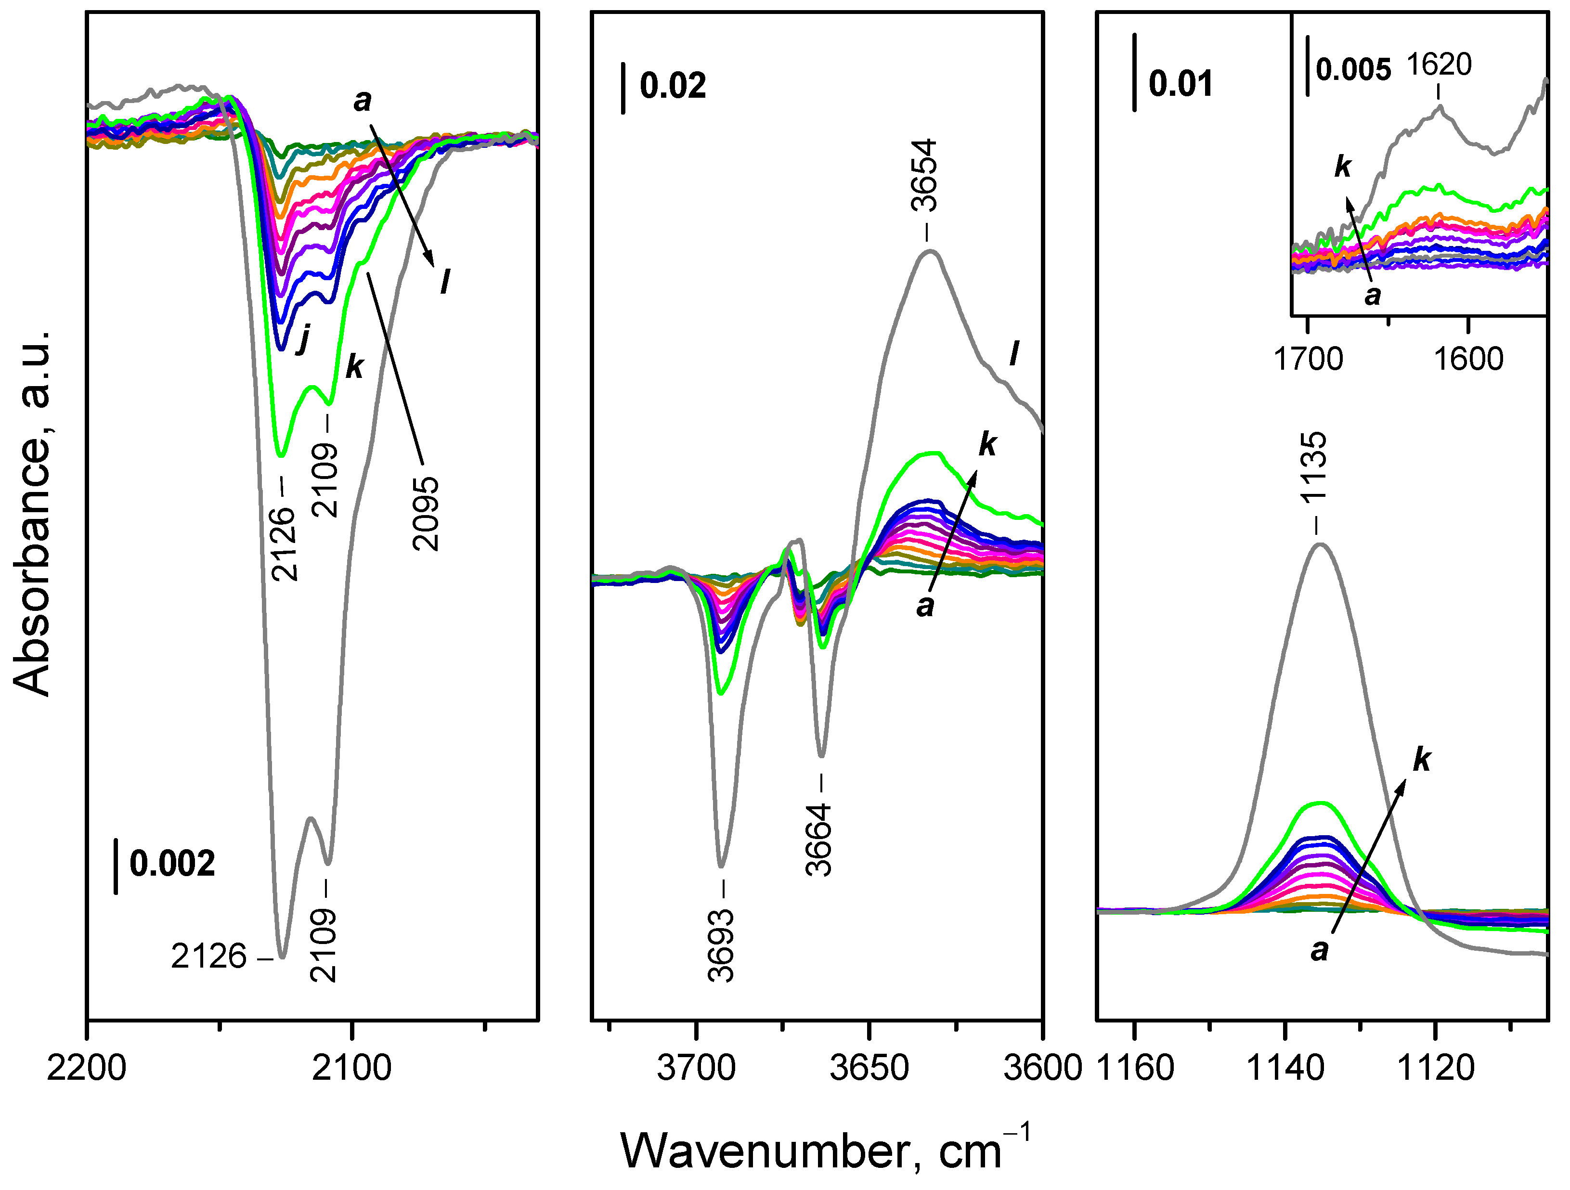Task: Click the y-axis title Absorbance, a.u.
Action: click(32, 512)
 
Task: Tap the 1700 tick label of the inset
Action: click(1308, 359)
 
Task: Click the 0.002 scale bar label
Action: click(172, 864)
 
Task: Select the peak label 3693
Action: click(721, 946)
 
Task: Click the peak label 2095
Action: click(426, 514)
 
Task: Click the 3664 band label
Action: click(819, 840)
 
